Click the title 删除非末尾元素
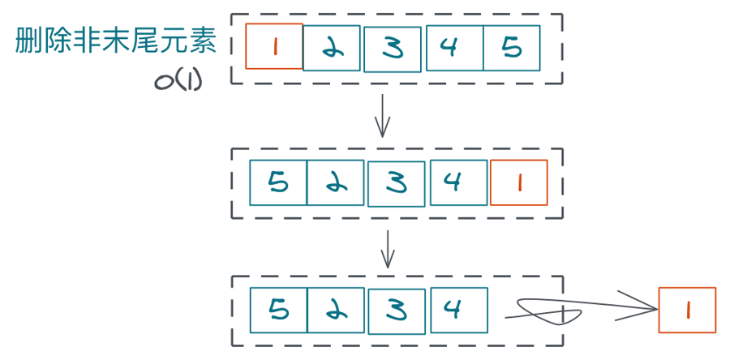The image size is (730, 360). pyautogui.click(x=116, y=43)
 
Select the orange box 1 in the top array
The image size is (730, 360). pyautogui.click(x=274, y=46)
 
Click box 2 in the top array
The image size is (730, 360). pyautogui.click(x=332, y=49)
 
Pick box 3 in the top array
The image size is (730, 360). pyautogui.click(x=393, y=49)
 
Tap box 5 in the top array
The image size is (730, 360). pyautogui.click(x=511, y=48)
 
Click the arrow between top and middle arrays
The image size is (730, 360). pyautogui.click(x=383, y=115)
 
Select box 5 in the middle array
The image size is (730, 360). pyautogui.click(x=278, y=183)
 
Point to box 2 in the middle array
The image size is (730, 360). pyautogui.click(x=336, y=183)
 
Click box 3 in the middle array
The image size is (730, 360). pyautogui.click(x=396, y=184)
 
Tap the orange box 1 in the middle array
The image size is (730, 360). pyautogui.click(x=519, y=182)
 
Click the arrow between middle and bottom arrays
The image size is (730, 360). pyautogui.click(x=388, y=249)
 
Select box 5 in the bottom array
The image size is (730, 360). pyautogui.click(x=278, y=311)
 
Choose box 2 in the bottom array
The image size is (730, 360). pyautogui.click(x=336, y=311)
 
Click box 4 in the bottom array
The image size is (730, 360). pyautogui.click(x=458, y=311)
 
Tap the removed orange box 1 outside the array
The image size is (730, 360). pyautogui.click(x=687, y=310)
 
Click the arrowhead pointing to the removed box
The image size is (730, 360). pyautogui.click(x=649, y=307)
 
